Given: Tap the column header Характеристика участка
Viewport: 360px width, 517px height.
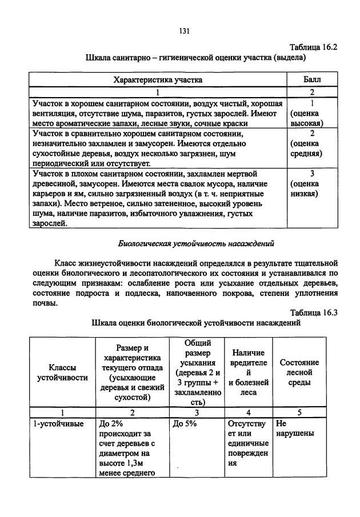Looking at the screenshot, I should click(157, 80).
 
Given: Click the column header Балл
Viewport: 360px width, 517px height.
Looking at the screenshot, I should click(311, 80).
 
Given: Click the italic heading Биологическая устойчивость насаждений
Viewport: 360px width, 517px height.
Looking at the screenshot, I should click(196, 243).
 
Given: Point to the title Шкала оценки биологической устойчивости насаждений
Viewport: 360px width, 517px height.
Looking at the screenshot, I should click(196, 323).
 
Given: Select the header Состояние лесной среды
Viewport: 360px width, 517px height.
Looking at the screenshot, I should click(299, 372).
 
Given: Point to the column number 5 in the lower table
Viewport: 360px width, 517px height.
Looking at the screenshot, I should click(299, 412).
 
